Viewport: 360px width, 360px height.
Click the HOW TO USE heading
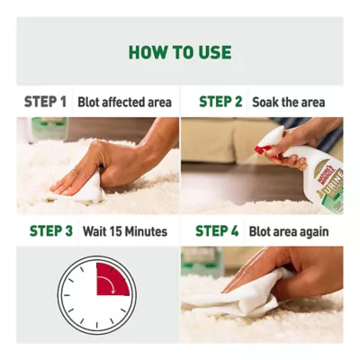179,52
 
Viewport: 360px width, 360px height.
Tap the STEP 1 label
45,102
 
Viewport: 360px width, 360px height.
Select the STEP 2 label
220,102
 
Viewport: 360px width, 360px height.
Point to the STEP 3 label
50,231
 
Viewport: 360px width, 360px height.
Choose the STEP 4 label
217,231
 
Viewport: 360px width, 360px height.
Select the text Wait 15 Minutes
125,231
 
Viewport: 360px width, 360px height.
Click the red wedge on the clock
112,279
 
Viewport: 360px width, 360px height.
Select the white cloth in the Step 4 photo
243,297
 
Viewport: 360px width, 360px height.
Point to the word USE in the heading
213,52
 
